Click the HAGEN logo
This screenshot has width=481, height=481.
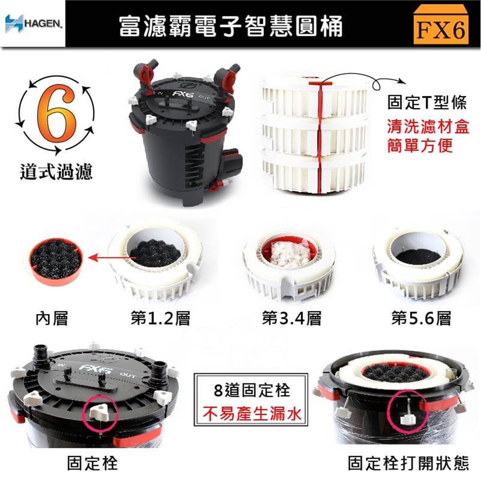tap(33, 24)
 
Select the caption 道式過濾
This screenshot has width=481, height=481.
tap(56, 171)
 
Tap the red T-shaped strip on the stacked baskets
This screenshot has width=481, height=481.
tap(320, 134)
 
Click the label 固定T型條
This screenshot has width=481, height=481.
tap(427, 102)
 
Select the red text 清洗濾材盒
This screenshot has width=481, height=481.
tap(428, 127)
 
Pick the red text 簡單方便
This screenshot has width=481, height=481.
tap(420, 145)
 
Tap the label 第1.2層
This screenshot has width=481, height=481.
tap(160, 318)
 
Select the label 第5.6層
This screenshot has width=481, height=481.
tap(421, 318)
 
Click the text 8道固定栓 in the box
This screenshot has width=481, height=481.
tap(251, 391)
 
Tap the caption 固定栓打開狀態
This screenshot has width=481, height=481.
tap(408, 463)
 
